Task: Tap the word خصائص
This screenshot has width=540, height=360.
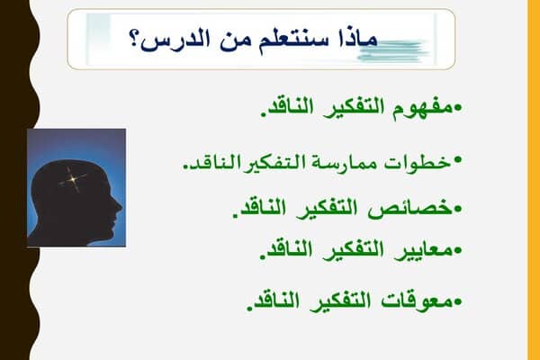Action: (x=410, y=209)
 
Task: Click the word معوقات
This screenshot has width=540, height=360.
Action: (x=417, y=301)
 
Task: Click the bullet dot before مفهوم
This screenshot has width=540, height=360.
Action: (x=458, y=108)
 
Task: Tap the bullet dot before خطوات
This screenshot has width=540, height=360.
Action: (x=458, y=159)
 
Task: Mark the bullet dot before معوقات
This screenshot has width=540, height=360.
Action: (x=458, y=302)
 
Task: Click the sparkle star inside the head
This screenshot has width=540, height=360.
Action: (x=73, y=179)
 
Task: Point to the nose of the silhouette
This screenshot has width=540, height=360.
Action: (x=119, y=208)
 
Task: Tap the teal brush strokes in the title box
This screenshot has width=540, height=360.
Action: (x=392, y=51)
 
